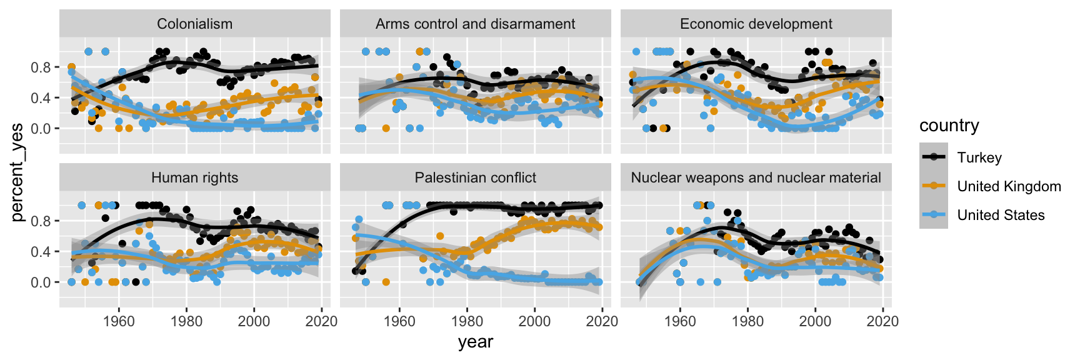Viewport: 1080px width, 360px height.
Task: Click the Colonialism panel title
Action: [194, 24]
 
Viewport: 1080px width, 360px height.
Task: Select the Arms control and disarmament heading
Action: [475, 24]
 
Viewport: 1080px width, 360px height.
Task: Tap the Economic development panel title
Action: [756, 24]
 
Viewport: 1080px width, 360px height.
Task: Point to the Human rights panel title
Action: [194, 177]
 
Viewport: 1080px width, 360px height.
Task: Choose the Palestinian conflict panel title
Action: [475, 177]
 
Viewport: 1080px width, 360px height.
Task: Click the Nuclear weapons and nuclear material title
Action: [756, 177]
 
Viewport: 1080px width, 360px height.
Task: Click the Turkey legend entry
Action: [979, 157]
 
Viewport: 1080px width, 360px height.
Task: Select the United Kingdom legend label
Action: [1009, 186]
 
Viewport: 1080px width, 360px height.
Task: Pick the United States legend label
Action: [1001, 215]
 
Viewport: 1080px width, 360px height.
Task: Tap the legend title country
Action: [949, 126]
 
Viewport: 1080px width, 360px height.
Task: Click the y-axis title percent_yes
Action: [17, 172]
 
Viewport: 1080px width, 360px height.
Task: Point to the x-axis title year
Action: [475, 342]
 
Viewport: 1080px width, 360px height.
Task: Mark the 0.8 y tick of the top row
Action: [41, 67]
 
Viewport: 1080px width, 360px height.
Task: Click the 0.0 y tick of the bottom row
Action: [41, 282]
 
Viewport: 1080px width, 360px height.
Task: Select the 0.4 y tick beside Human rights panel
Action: [41, 252]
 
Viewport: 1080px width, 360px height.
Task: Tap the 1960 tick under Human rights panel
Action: [119, 321]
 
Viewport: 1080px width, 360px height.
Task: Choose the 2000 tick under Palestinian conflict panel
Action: [534, 321]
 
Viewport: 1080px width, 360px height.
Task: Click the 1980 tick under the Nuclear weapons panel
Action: [747, 321]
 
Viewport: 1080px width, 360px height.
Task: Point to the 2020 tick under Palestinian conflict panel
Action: [602, 321]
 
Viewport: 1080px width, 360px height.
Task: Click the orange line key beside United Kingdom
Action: [934, 186]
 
